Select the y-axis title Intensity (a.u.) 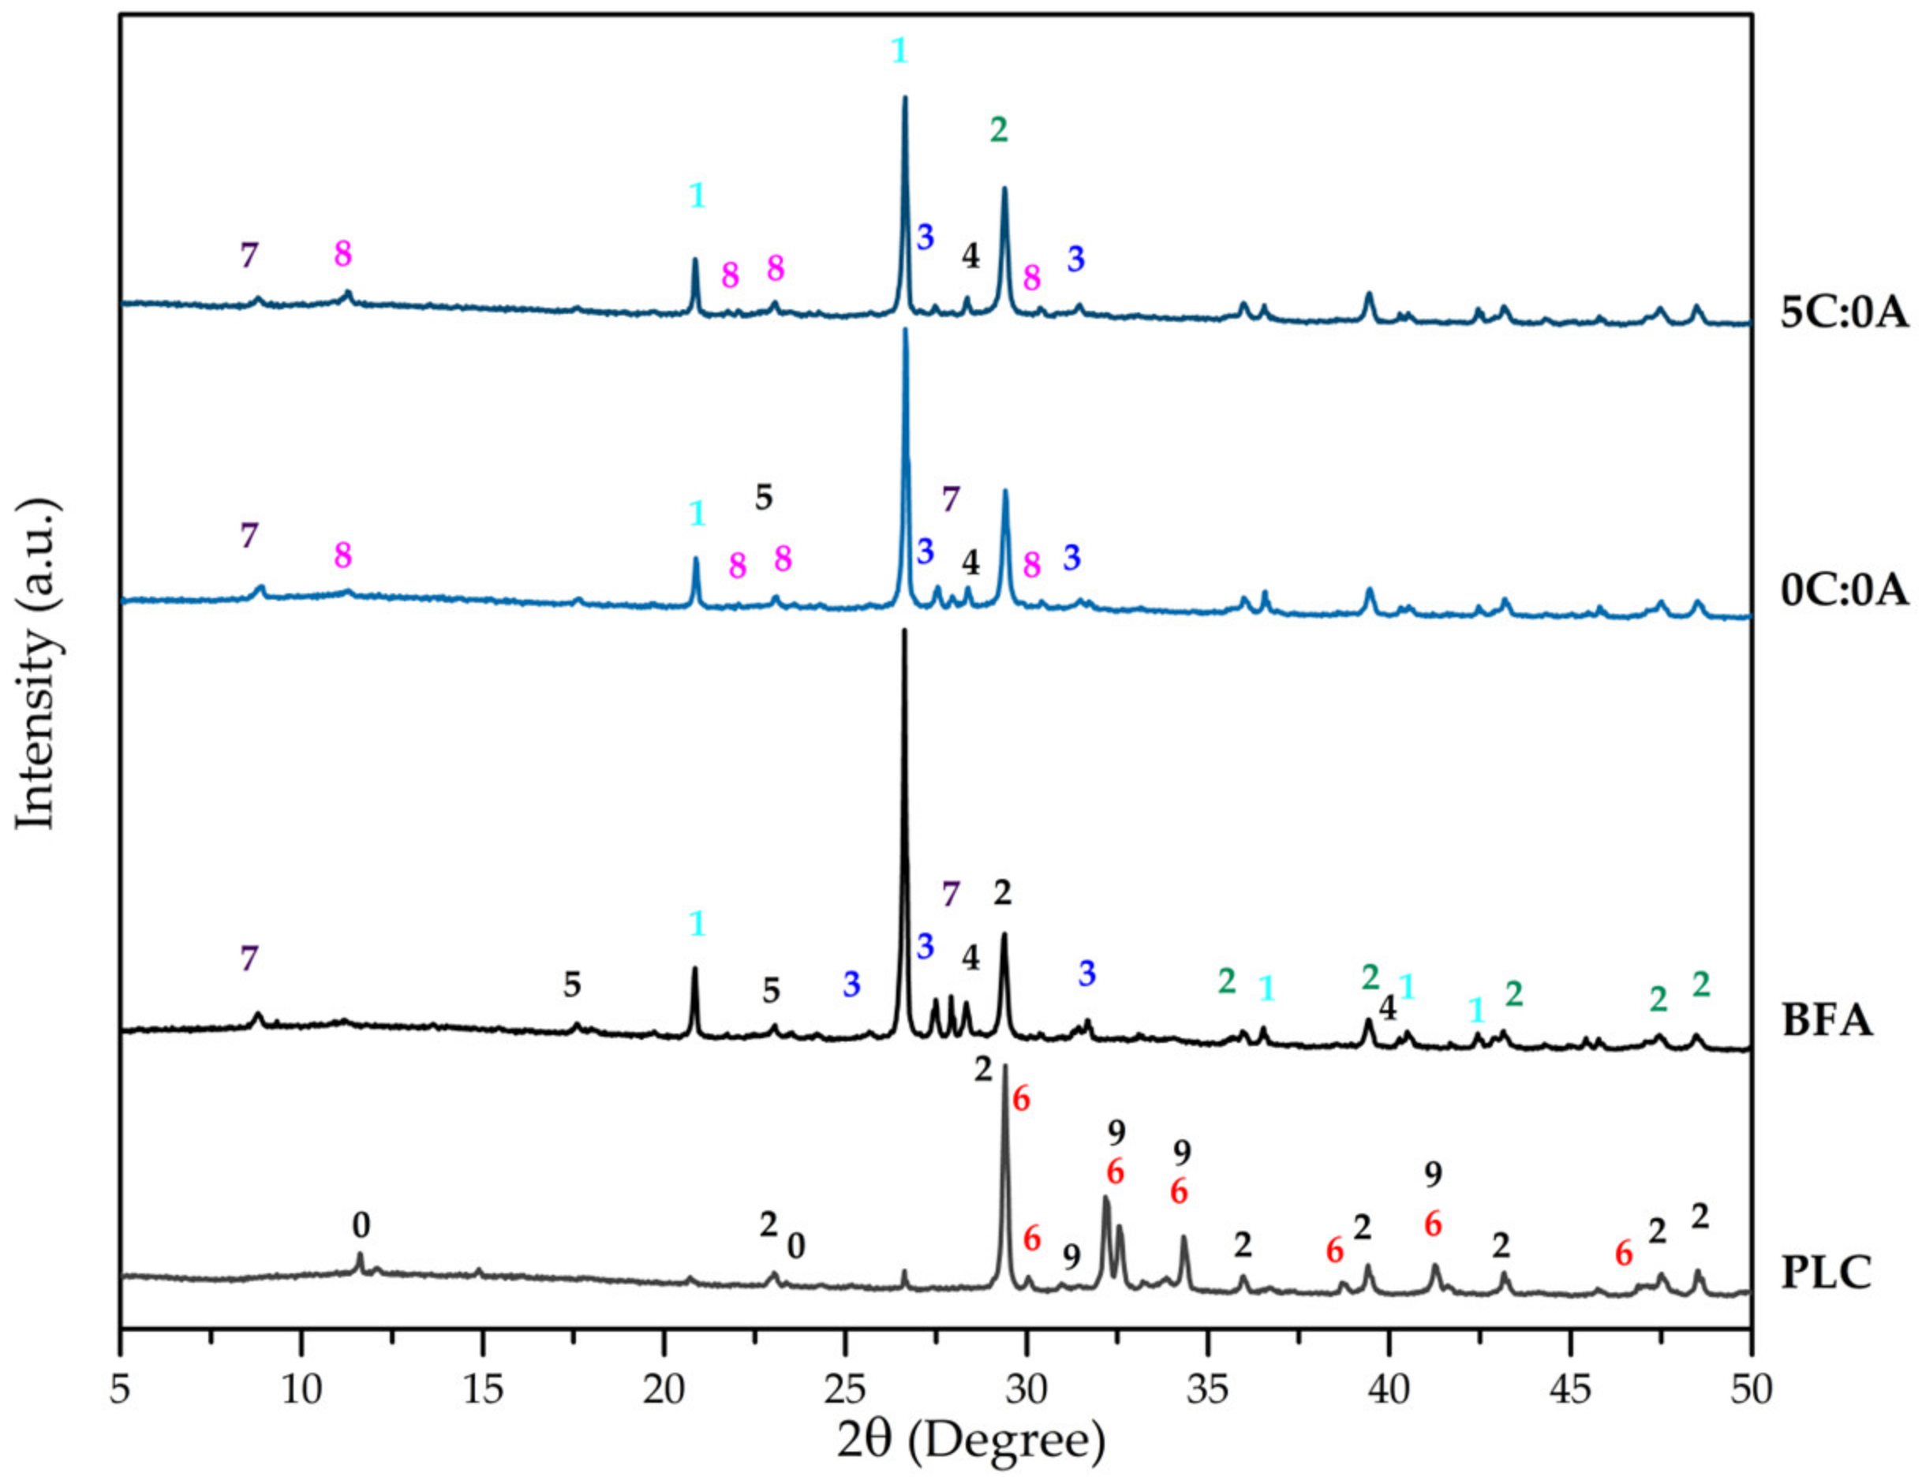[37, 664]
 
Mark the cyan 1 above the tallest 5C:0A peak [899, 51]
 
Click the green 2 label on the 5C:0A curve [999, 130]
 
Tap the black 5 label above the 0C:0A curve [764, 498]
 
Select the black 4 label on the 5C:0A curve [970, 256]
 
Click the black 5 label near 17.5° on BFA [572, 985]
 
